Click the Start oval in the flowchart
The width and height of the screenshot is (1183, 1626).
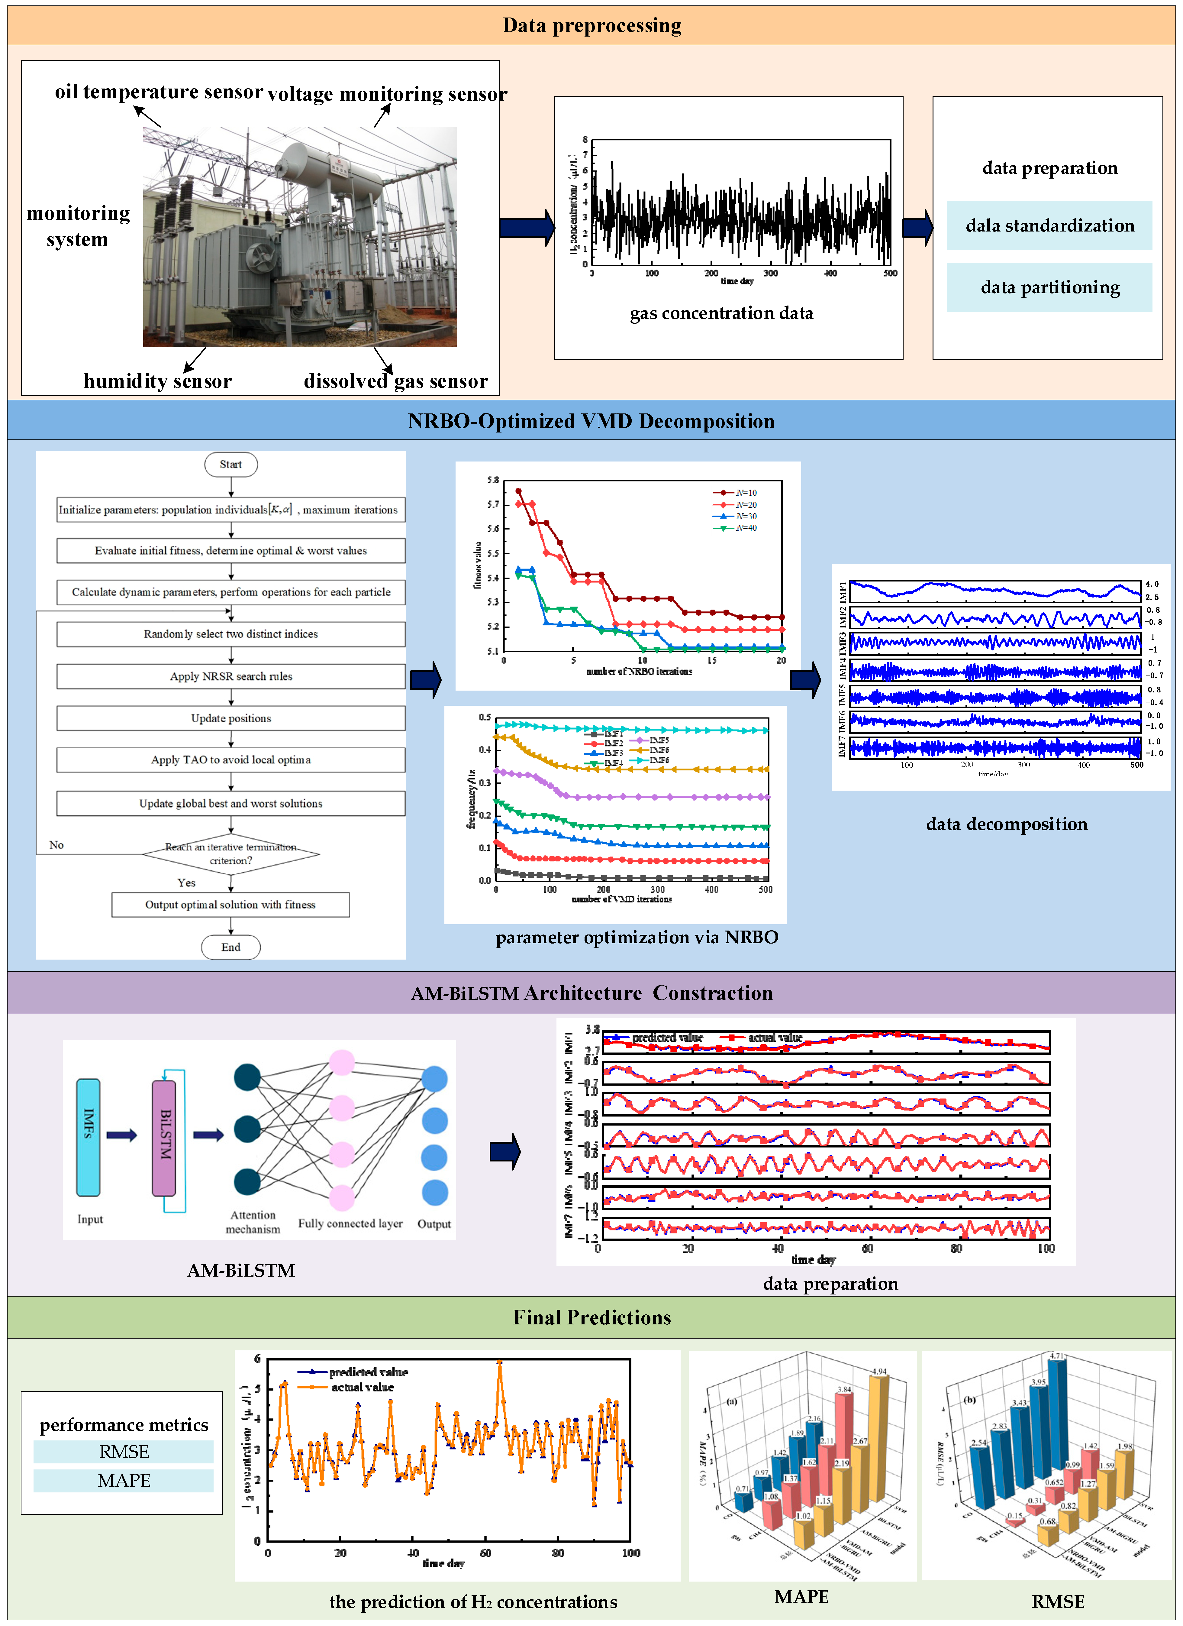pos(231,465)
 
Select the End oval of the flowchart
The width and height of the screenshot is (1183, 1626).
pos(231,947)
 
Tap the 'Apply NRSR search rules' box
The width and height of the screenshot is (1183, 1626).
pos(231,676)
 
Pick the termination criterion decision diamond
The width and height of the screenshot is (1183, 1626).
pos(231,854)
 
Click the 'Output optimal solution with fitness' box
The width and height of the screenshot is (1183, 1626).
pos(231,905)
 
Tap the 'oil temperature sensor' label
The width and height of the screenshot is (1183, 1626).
pos(159,92)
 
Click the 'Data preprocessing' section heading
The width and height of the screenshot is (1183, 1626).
pos(592,26)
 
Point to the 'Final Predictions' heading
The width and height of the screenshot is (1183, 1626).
pos(592,1318)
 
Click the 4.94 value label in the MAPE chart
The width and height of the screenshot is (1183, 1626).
pos(879,1372)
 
